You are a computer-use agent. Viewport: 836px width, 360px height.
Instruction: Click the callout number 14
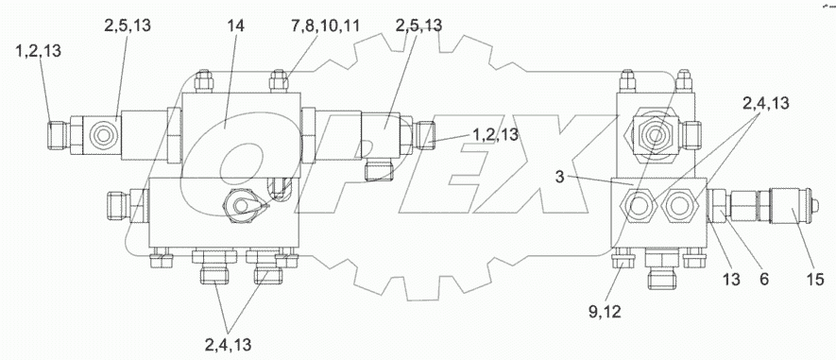[x=235, y=26]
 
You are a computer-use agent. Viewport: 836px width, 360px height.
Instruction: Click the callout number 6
[x=764, y=280]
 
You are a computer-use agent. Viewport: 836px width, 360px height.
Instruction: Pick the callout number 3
[x=559, y=177]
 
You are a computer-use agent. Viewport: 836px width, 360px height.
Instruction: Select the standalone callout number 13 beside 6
[x=731, y=280]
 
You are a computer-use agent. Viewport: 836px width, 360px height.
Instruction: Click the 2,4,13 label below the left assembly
[x=228, y=345]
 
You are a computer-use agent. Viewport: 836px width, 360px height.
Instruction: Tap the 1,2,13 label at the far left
[x=39, y=51]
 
